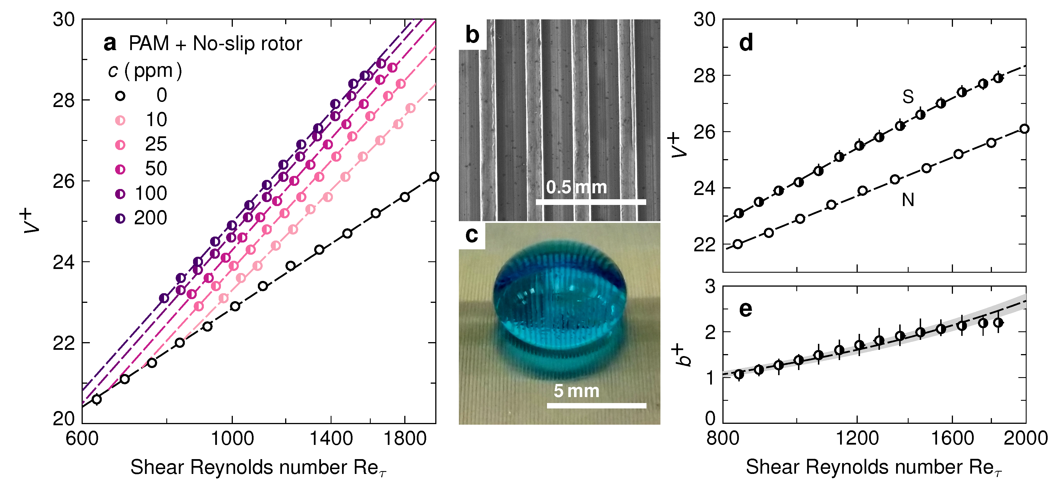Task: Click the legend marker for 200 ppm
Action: point(120,218)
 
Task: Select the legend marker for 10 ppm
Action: point(120,120)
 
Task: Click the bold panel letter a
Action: point(109,43)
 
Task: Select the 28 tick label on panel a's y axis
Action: point(64,100)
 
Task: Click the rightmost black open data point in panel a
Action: point(434,177)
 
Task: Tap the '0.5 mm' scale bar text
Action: point(576,187)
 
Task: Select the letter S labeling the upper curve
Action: point(908,97)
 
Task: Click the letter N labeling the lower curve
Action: point(908,200)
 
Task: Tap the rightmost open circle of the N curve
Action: point(1024,129)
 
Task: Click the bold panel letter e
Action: point(745,309)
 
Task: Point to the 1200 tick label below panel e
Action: point(857,438)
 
